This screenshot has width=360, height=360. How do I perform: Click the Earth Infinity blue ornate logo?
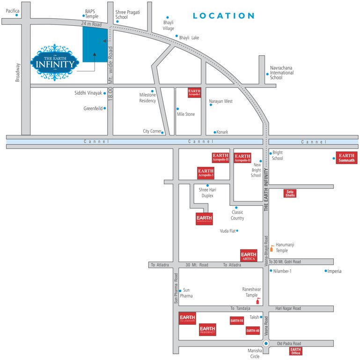click(x=54, y=63)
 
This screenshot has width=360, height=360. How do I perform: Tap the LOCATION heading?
click(x=224, y=16)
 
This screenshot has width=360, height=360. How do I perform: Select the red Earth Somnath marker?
click(x=346, y=157)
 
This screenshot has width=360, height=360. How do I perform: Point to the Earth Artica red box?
click(x=249, y=255)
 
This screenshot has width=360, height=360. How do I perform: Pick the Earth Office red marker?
click(x=295, y=351)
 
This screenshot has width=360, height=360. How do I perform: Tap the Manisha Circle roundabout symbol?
click(x=266, y=344)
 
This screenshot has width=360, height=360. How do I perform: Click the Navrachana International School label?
click(x=282, y=73)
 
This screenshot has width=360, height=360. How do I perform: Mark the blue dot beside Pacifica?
click(x=17, y=15)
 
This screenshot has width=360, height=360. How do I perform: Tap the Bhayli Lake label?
click(x=189, y=37)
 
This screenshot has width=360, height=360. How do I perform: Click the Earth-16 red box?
click(x=236, y=321)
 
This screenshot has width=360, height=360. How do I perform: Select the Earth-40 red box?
click(x=253, y=330)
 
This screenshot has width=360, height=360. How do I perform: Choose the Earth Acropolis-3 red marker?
click(x=206, y=173)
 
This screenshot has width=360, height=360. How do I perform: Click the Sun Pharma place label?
click(x=188, y=293)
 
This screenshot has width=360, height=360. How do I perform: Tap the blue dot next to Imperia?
click(x=326, y=270)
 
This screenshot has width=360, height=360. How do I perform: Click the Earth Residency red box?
click(x=207, y=330)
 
